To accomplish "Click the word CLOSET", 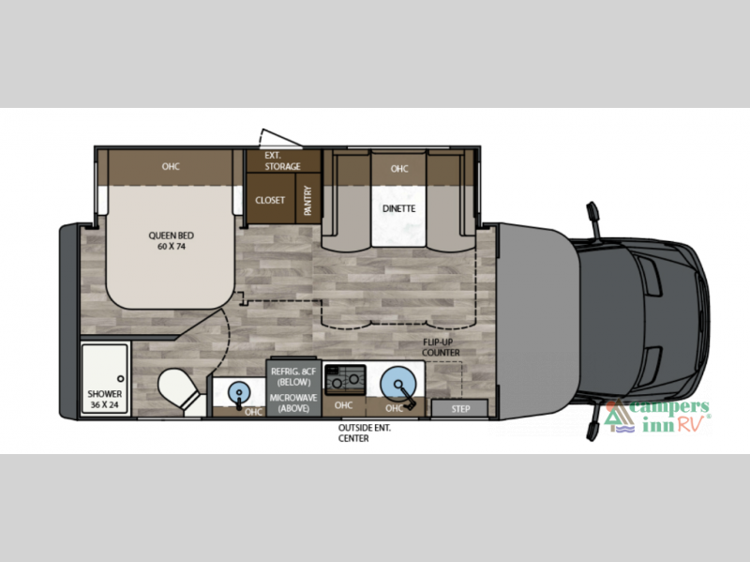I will pos(270,200).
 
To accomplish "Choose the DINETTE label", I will pos(398,208).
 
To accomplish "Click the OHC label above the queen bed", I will pos(170,167).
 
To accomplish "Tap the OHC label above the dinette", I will pos(399,169).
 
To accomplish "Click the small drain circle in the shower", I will pos(120,379).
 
